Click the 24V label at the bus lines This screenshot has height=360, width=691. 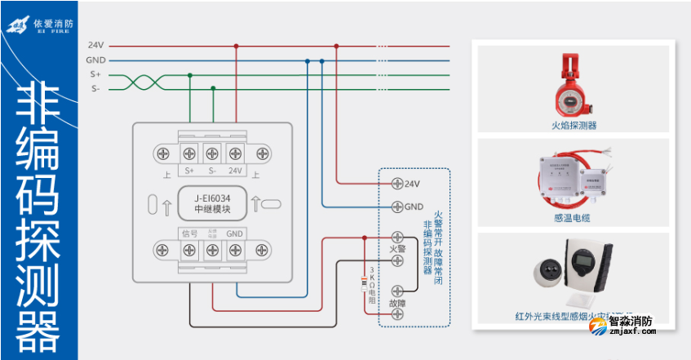click(x=95, y=45)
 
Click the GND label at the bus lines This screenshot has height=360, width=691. click(x=95, y=60)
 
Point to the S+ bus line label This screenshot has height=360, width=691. click(x=95, y=74)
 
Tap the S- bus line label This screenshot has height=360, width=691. click(x=95, y=88)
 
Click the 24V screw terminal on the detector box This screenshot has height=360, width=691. click(x=397, y=184)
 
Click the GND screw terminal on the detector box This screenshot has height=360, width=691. click(x=397, y=207)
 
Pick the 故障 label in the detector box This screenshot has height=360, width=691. click(x=397, y=304)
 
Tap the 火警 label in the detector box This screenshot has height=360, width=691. click(x=397, y=248)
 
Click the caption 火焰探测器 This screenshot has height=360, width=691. click(x=574, y=126)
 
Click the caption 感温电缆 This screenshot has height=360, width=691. click(x=573, y=218)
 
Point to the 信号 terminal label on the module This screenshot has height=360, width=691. click(x=189, y=233)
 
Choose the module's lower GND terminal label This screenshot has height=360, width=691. click(x=235, y=233)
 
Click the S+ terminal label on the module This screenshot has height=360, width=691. click(x=189, y=171)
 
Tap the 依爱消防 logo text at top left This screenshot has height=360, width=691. click(x=54, y=22)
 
